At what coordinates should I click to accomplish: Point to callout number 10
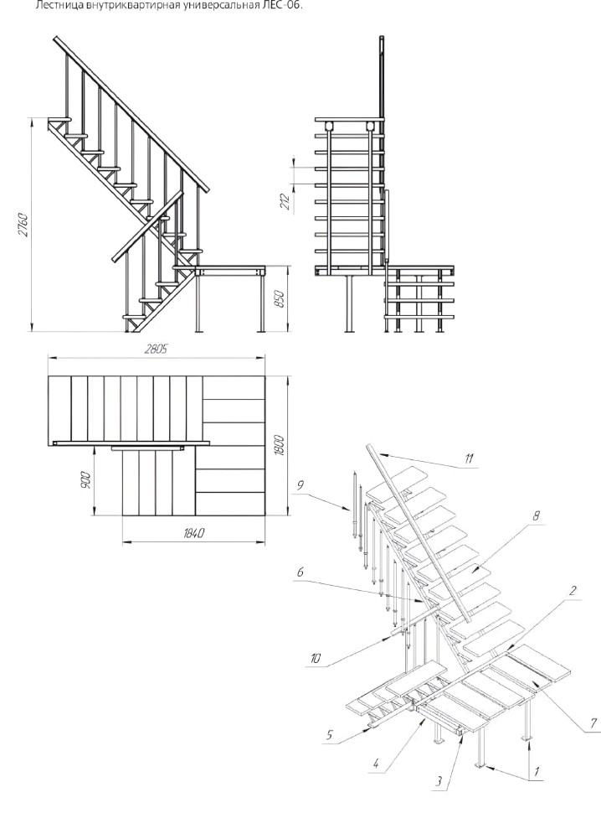pyautogui.click(x=314, y=659)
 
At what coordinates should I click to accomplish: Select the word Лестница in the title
pyautogui.click(x=54, y=7)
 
